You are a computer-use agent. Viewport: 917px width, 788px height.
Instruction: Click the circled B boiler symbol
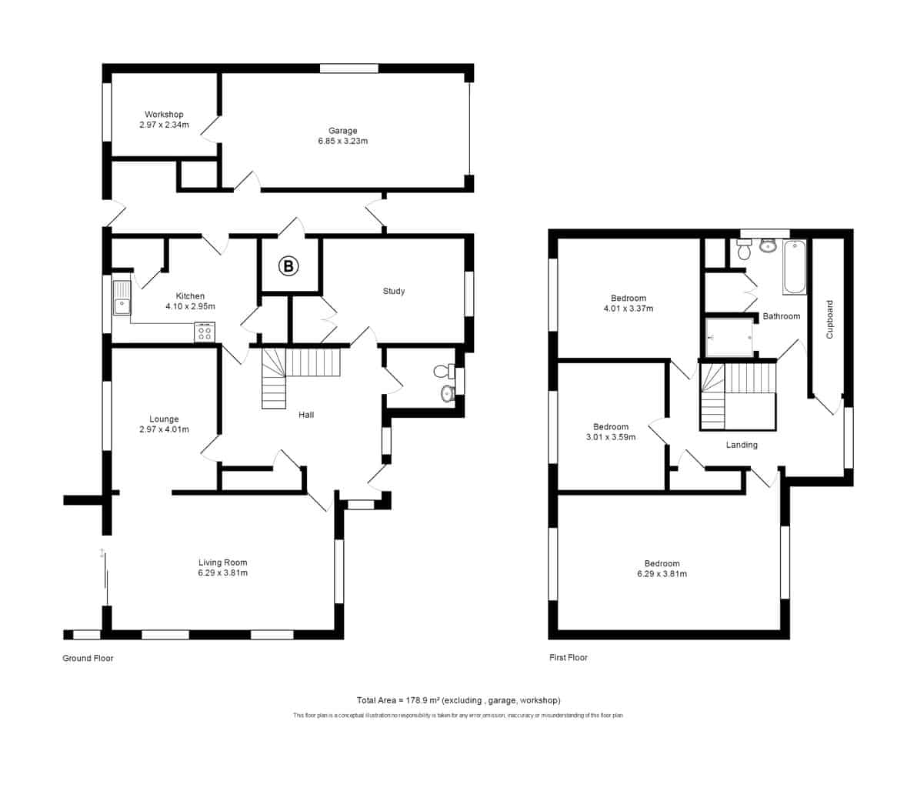tap(288, 266)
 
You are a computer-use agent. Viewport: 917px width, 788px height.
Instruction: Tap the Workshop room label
tap(164, 114)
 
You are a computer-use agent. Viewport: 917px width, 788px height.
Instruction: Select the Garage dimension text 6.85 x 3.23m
tap(342, 141)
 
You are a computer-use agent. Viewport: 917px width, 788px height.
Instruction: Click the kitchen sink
tap(122, 297)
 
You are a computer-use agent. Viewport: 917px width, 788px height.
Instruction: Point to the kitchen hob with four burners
tap(205, 332)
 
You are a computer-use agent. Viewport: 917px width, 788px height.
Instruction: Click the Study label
tap(394, 291)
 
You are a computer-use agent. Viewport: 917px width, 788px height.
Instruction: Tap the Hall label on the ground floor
tap(306, 415)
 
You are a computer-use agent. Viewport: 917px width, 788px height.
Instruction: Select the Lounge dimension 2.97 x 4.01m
tap(164, 429)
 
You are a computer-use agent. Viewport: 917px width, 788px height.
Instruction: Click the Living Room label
tap(223, 563)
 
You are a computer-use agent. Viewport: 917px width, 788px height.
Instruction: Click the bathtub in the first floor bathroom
tap(795, 267)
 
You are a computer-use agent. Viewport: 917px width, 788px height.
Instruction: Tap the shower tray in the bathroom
tap(729, 338)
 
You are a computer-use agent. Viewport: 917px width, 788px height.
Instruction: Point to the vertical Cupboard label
tap(829, 319)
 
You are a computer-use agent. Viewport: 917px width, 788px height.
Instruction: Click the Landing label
tap(742, 445)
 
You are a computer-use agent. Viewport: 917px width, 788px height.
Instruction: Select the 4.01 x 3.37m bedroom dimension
tap(628, 309)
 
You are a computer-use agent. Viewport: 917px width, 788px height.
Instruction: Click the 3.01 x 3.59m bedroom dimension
tap(611, 437)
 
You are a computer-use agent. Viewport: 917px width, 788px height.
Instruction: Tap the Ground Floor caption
tap(88, 658)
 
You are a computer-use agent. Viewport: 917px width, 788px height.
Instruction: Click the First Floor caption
tap(569, 657)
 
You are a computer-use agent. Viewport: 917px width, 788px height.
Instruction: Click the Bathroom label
tap(782, 316)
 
